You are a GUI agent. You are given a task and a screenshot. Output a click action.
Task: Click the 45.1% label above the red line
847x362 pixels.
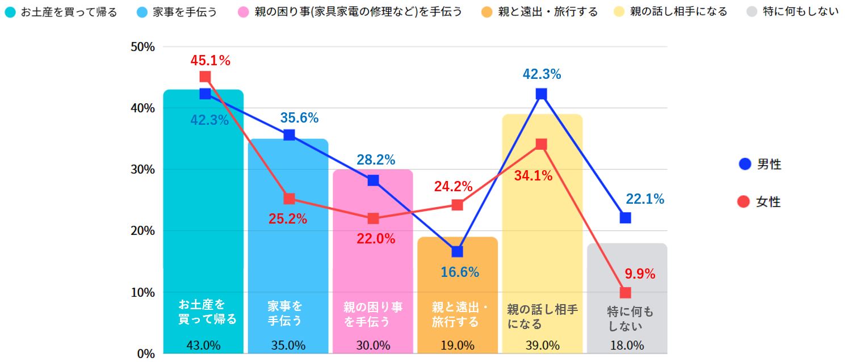(210, 61)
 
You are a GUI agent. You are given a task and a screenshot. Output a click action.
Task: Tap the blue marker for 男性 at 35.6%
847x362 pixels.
(289, 135)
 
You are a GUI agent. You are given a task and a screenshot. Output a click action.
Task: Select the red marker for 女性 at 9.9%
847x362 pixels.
(626, 293)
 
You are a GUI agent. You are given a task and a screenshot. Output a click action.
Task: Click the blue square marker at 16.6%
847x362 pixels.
(457, 251)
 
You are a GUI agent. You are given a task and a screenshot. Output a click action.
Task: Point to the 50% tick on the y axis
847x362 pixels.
(142, 47)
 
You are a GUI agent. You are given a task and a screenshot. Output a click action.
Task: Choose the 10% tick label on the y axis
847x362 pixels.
(142, 293)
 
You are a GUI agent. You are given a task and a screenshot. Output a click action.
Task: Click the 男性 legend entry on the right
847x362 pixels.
(760, 165)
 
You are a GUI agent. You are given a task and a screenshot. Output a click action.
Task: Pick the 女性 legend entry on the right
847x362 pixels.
(760, 201)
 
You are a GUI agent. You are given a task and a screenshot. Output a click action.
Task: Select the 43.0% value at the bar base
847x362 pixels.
(203, 346)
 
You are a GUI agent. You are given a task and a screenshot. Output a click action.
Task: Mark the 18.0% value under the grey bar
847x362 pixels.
(627, 346)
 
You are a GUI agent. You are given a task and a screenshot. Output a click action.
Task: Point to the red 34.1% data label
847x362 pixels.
(533, 176)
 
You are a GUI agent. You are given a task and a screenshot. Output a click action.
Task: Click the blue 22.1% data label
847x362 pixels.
(645, 199)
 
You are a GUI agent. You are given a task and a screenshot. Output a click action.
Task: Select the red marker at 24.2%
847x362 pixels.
(457, 205)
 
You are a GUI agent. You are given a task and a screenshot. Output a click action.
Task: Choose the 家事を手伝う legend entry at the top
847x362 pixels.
(178, 12)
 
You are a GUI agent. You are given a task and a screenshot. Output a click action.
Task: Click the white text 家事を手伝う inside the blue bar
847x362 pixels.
(284, 314)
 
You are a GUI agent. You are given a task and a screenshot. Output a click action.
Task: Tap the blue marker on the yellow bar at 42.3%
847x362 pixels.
(541, 94)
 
